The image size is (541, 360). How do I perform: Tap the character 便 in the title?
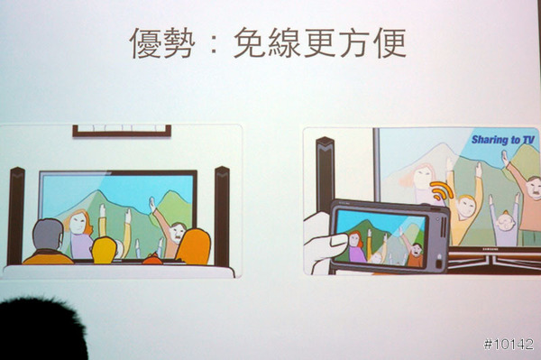point(391,42)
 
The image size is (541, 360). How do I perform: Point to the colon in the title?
point(214,43)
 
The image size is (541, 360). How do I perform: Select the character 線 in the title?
point(284,42)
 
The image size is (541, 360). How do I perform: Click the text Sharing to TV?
point(503,140)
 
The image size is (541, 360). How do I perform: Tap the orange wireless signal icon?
point(441,190)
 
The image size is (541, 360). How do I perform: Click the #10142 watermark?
point(509,344)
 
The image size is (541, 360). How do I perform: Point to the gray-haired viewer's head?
point(48,234)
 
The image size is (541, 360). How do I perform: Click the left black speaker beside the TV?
point(16,216)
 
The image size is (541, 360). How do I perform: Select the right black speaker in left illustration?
point(222,216)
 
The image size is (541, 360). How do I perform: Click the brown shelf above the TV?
point(122,131)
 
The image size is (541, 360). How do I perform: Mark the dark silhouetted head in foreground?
point(41,329)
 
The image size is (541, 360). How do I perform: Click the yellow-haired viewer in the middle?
point(104,250)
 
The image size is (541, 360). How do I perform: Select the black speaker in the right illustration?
point(325,174)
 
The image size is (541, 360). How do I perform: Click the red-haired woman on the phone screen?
point(356,246)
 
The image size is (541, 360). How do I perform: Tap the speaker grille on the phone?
point(444,226)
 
